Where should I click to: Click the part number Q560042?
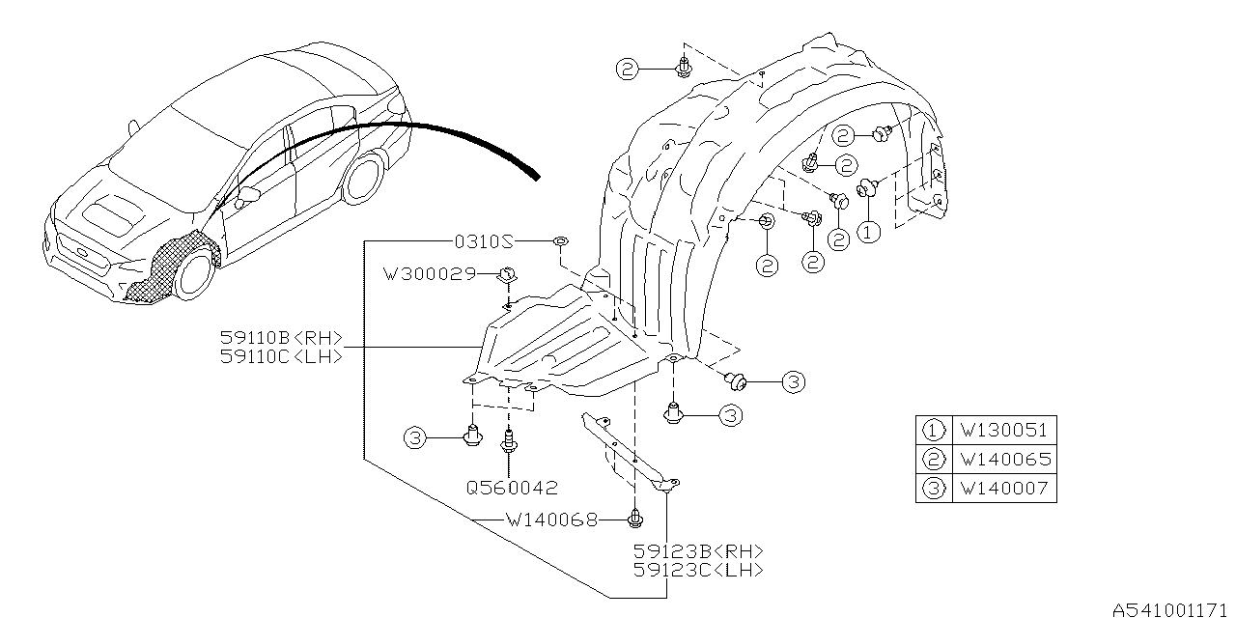512,488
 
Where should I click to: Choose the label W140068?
550,520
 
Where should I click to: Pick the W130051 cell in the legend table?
1003,430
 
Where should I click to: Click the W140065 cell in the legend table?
1003,460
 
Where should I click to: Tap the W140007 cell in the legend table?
1003,489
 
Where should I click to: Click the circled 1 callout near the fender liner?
871,233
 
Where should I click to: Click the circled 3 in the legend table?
934,489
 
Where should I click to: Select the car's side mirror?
245,196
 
